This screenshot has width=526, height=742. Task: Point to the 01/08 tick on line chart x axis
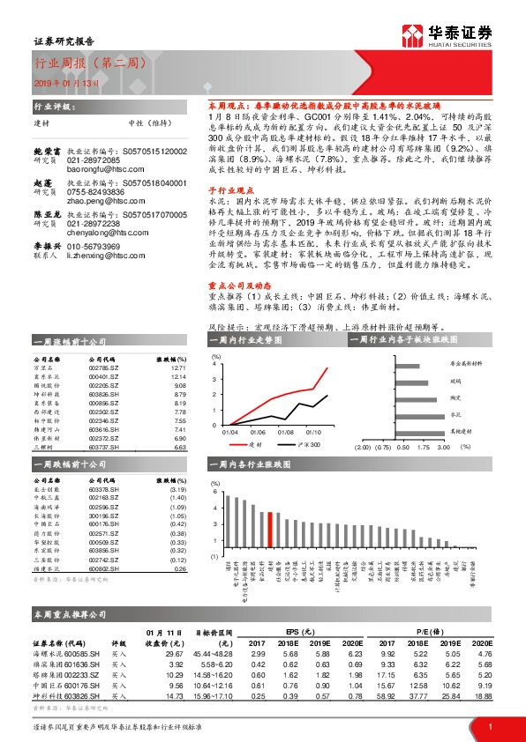click(x=284, y=432)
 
